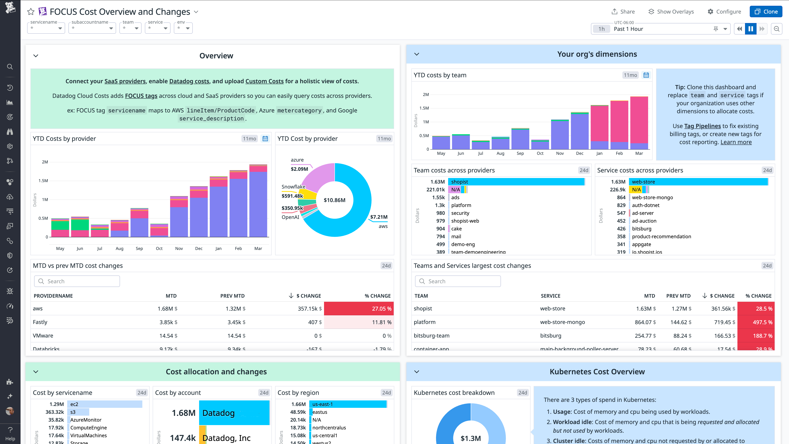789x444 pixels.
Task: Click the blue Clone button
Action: coord(766,12)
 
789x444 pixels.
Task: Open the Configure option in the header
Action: coord(724,12)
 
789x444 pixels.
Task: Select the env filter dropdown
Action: coord(183,28)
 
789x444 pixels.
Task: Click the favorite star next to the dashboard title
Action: coord(31,12)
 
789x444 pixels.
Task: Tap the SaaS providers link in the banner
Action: coord(125,81)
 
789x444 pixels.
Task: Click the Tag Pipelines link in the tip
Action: coord(702,126)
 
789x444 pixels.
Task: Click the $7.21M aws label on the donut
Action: coord(379,217)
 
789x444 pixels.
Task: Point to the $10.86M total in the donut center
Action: coord(335,200)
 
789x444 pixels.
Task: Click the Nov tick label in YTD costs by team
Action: coord(559,153)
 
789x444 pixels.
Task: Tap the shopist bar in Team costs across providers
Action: coord(516,182)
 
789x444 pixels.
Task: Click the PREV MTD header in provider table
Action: coord(232,296)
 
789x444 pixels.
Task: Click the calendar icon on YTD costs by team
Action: coord(646,75)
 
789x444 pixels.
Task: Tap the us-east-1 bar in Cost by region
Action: coord(348,404)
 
